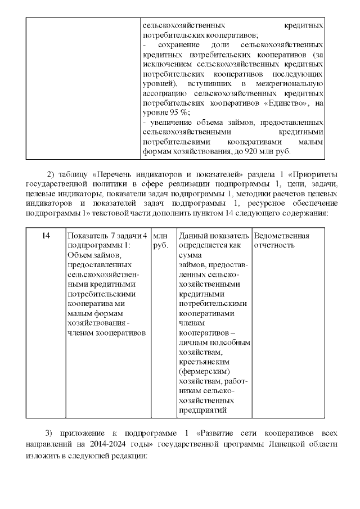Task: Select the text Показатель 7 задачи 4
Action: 107,236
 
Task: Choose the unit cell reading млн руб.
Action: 160,241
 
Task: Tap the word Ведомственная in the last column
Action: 281,236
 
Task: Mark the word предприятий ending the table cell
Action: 202,411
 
